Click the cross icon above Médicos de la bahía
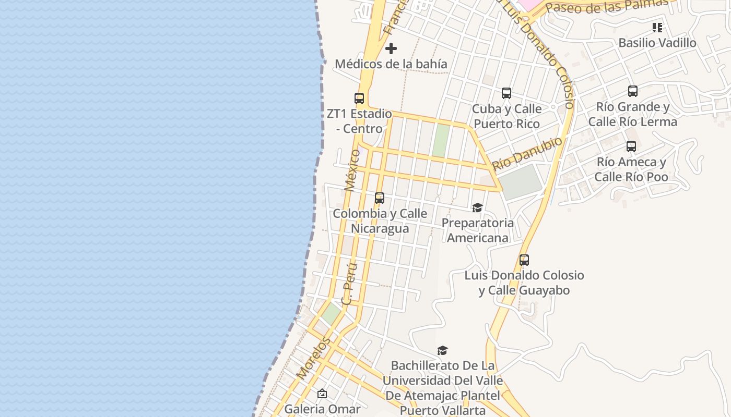(x=391, y=48)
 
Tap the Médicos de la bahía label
(x=391, y=64)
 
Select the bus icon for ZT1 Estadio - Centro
(x=359, y=98)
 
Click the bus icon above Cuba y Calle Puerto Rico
(x=506, y=93)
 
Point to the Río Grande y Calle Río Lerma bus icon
(x=633, y=91)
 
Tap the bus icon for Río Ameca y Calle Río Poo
(x=631, y=146)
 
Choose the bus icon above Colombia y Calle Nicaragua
(x=380, y=198)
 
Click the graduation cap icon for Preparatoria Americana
(x=477, y=208)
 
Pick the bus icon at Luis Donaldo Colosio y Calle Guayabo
(x=524, y=260)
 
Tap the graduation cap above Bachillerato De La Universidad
(x=442, y=350)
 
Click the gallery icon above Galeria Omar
(x=322, y=394)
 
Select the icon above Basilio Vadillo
(x=657, y=27)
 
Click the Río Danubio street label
(x=527, y=153)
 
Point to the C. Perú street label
(x=350, y=284)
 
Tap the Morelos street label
(x=313, y=358)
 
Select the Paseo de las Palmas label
(x=607, y=6)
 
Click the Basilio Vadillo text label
(x=657, y=43)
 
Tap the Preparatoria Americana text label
(x=478, y=230)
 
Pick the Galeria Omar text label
(x=322, y=409)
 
